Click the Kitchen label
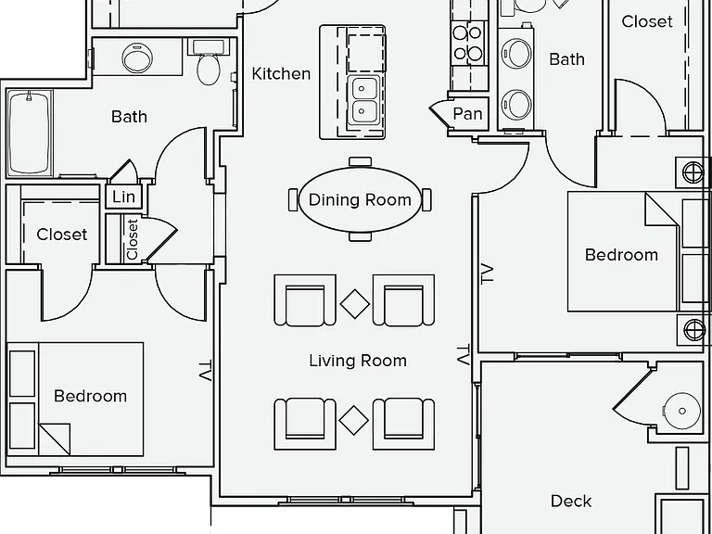(281, 74)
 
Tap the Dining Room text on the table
(360, 200)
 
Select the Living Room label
(358, 361)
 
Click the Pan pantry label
(467, 113)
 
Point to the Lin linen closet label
(123, 197)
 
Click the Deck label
(571, 502)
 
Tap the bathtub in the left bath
(29, 133)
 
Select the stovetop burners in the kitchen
(467, 44)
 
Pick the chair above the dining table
(360, 161)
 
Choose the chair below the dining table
(360, 236)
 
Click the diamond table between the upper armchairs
(355, 304)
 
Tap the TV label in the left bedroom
(205, 371)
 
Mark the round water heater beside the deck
(681, 411)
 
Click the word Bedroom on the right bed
(621, 255)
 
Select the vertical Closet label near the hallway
(133, 239)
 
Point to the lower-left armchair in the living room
(305, 424)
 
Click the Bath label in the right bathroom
(566, 59)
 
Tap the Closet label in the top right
(647, 21)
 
